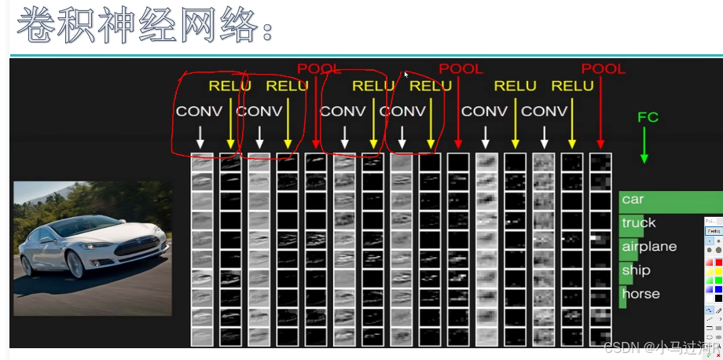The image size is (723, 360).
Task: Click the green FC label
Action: pos(648,117)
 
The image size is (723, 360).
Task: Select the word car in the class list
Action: pos(633,200)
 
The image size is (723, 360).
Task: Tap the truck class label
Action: pos(638,223)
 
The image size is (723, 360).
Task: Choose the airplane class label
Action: pos(648,247)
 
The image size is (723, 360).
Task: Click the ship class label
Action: pos(636,270)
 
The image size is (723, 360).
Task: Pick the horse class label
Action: pos(640,294)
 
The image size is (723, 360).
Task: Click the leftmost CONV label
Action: pos(199,112)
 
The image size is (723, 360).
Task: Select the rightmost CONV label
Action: pos(544,112)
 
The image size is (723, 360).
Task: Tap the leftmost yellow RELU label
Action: pos(229,86)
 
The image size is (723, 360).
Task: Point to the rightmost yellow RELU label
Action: pos(572,86)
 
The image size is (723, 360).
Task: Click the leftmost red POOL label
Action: pos(319,69)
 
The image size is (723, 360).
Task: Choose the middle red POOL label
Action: pos(461,69)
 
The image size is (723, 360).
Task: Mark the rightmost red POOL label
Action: pos(603,69)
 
